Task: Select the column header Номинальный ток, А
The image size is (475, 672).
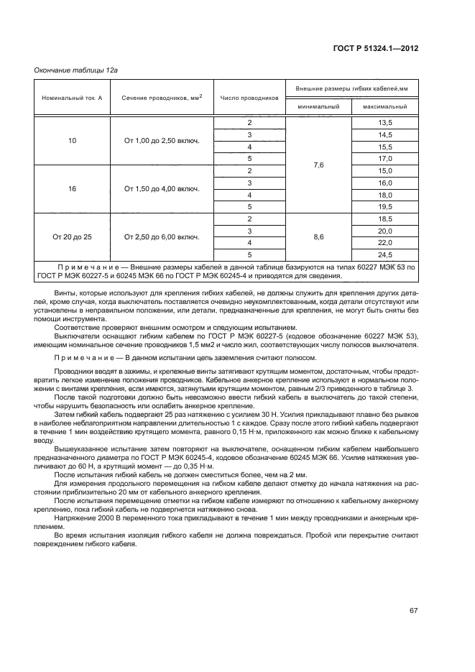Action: pyautogui.click(x=72, y=97)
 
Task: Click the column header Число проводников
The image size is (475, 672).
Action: pyautogui.click(x=249, y=97)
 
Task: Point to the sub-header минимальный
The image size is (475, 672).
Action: pyautogui.click(x=319, y=106)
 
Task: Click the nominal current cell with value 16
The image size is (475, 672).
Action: pyautogui.click(x=72, y=189)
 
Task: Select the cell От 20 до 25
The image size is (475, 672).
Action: pyautogui.click(x=72, y=236)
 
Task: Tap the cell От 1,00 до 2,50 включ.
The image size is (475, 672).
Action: pyautogui.click(x=162, y=141)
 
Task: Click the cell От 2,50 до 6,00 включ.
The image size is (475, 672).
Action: pyautogui.click(x=162, y=236)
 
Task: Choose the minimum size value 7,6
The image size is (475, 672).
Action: pyautogui.click(x=319, y=165)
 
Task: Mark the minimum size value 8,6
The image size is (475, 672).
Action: pyautogui.click(x=319, y=236)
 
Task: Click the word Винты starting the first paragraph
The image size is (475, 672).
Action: pyautogui.click(x=65, y=293)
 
